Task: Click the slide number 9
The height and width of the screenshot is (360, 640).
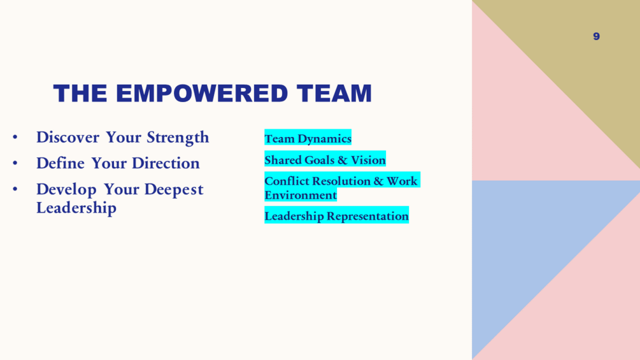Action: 596,36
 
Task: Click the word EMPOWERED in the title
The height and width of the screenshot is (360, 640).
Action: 202,93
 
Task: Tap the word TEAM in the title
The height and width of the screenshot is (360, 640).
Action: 334,93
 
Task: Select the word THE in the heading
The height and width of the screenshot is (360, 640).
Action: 80,93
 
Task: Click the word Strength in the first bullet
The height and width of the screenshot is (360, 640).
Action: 178,138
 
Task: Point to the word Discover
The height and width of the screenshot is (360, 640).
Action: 68,137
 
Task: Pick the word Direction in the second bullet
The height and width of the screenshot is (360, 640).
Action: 166,163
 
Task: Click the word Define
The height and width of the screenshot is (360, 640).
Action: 60,163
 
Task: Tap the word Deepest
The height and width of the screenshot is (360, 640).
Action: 174,190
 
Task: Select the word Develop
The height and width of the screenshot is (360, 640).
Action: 66,190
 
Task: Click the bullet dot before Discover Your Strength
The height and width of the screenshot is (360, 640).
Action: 15,137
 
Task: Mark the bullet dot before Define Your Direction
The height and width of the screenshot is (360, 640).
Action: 15,163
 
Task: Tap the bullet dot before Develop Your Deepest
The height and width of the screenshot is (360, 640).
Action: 15,189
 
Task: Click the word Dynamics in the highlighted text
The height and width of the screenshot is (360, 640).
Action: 325,139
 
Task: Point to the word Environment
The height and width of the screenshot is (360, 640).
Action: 301,195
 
